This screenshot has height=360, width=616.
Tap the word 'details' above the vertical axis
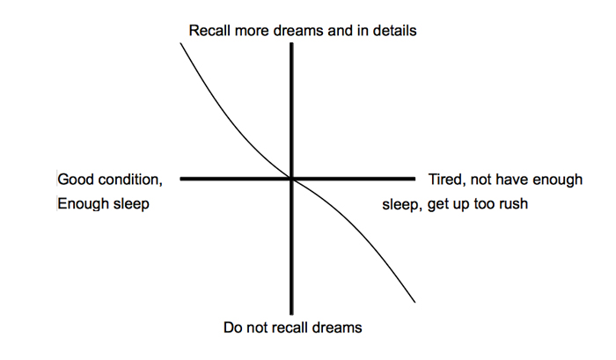392,31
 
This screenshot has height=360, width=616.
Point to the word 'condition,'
130,180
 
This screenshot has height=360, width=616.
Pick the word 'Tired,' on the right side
448,180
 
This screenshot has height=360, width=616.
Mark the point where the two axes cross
291,179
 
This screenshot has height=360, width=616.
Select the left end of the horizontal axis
180,179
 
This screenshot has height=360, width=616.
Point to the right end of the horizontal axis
414,179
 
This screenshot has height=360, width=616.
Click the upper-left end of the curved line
180,41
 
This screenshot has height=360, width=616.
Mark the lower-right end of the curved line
414,304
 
